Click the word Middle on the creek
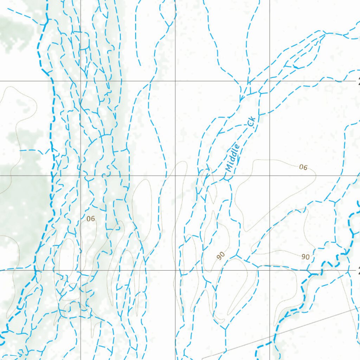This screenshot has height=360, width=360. (233, 158)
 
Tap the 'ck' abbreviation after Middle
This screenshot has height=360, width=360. (251, 122)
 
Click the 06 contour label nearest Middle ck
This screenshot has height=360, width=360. (303, 167)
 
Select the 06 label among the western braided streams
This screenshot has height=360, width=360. (91, 219)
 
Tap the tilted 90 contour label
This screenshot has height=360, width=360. (221, 256)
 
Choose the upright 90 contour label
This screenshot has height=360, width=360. (306, 257)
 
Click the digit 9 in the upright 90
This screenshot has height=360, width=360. (303, 257)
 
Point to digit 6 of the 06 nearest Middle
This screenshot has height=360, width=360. (305, 168)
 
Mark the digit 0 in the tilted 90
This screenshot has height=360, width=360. (223, 254)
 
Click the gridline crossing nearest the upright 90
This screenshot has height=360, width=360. (270, 270)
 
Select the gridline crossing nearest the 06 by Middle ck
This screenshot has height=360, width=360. (270, 175)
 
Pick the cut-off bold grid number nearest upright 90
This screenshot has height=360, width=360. (358, 270)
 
